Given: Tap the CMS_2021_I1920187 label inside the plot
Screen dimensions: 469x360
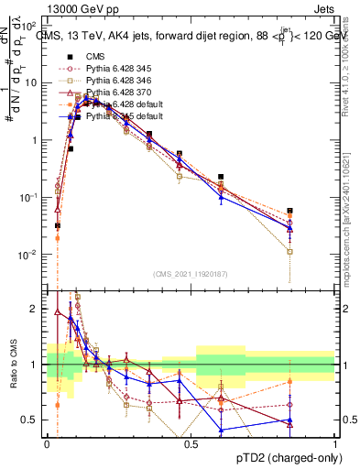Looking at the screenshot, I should (191, 272).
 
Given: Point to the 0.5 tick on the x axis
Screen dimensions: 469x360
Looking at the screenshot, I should (191, 442).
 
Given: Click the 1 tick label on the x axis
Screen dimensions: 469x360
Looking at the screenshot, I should (335, 442).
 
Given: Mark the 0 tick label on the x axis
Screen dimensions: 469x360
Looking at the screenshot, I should (47, 442).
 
